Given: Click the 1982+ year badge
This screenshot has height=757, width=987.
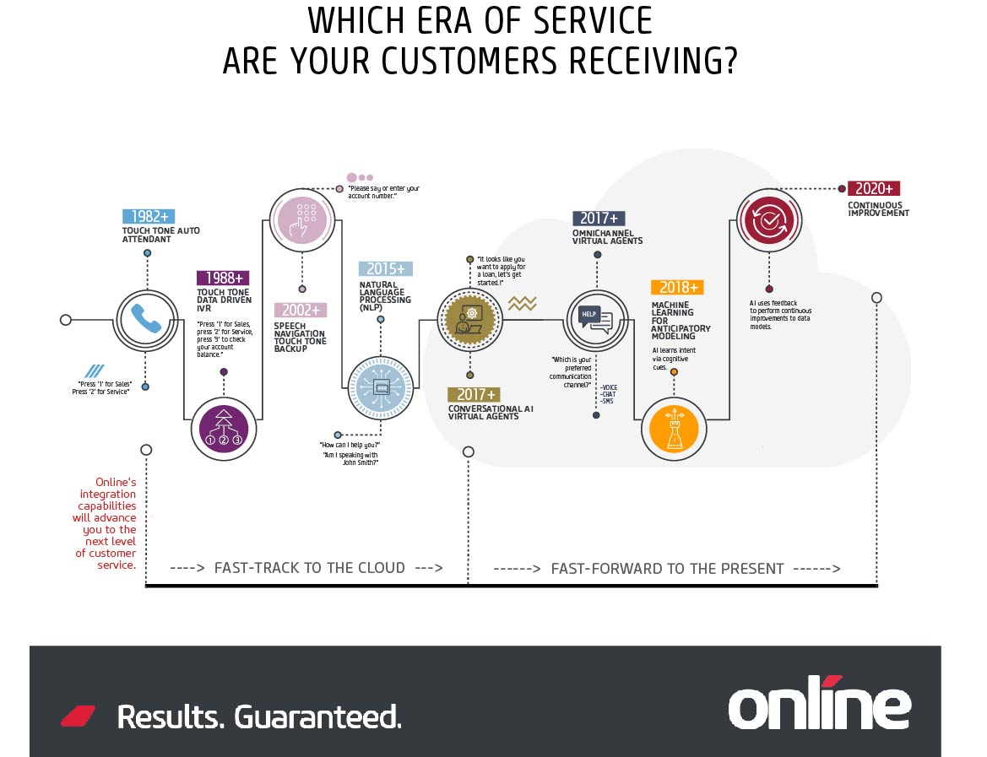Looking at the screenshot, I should point(148,217).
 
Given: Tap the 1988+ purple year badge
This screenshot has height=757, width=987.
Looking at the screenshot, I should point(224,278).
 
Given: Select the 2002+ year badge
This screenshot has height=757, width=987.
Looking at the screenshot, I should point(300,311).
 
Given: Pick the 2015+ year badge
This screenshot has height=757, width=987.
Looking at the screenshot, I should point(385,269).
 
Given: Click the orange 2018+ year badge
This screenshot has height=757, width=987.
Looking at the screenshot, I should point(676,287).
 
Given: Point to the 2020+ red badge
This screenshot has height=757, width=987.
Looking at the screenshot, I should point(873,189).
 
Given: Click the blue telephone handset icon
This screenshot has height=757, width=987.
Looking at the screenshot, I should point(146,321).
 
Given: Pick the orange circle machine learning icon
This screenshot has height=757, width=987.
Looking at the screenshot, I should point(673,427).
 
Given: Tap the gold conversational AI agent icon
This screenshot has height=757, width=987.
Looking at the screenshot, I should point(469,319).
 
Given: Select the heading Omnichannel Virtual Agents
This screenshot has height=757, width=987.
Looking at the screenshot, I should point(607,235).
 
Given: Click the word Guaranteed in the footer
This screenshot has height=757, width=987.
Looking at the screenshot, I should point(317,716).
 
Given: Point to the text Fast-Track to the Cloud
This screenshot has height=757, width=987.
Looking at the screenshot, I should point(309,568).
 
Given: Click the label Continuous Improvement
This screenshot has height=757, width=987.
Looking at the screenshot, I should point(878,209).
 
